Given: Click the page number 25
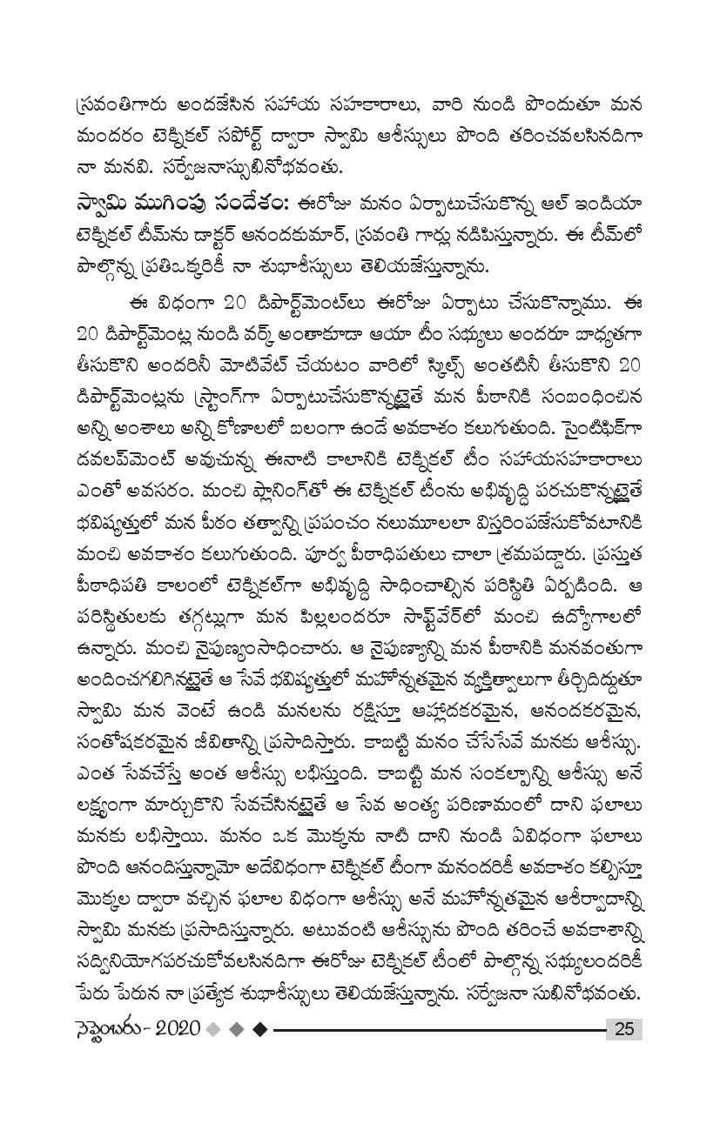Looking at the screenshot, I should [623, 1030].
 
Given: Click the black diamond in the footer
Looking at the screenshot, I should [259, 1030].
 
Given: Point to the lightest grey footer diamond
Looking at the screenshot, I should [212, 1030].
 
